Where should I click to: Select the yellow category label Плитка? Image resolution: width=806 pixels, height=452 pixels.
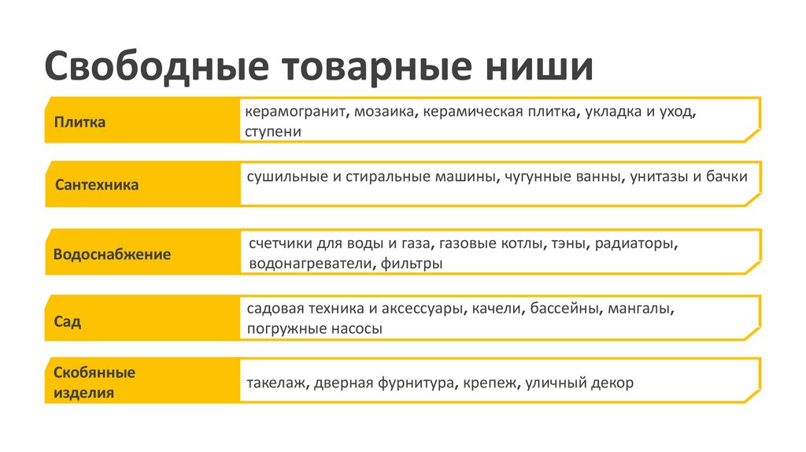[80, 122]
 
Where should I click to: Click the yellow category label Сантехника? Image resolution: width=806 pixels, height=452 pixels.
[97, 186]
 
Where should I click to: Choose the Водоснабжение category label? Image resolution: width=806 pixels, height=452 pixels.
[112, 255]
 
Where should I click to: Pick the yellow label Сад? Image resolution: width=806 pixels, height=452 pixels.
[68, 322]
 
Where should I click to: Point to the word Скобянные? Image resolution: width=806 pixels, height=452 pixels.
[94, 372]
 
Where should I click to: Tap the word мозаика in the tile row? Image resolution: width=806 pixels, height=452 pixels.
[385, 112]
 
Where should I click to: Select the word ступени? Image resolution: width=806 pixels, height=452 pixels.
[272, 132]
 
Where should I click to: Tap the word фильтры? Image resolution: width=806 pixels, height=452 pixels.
[411, 264]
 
